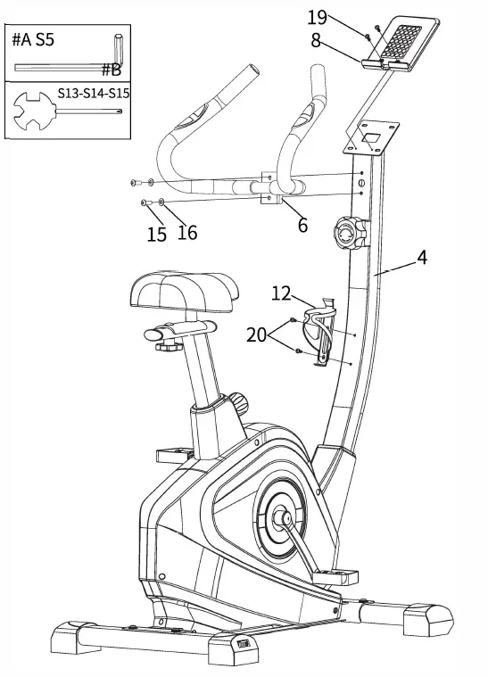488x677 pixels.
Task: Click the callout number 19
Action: [318, 17]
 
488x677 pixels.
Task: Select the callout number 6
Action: [302, 225]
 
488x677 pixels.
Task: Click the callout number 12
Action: [281, 292]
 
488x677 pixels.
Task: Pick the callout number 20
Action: [256, 334]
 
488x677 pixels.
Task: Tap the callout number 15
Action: [156, 235]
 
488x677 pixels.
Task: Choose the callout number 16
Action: [186, 233]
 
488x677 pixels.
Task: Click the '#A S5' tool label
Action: [32, 40]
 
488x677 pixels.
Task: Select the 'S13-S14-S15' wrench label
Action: [94, 93]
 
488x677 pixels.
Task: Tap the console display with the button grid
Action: [400, 40]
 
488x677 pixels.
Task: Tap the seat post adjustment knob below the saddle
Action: [238, 402]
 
